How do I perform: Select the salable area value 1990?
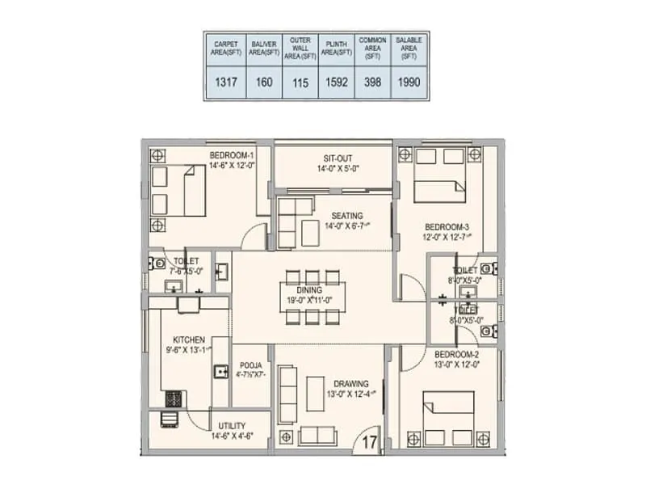pos(409,82)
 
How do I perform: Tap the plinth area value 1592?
pos(336,82)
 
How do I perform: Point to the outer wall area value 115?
pos(300,82)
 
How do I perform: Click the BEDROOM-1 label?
pos(232,154)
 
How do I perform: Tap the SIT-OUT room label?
pos(338,158)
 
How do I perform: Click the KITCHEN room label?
pos(188,340)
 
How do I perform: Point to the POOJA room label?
pos(250,365)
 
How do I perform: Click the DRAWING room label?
pos(351,383)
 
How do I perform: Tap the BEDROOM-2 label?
pos(457,355)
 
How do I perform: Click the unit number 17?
pos(369,441)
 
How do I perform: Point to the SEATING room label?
pos(346,215)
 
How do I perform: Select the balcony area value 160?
pos(263,82)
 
